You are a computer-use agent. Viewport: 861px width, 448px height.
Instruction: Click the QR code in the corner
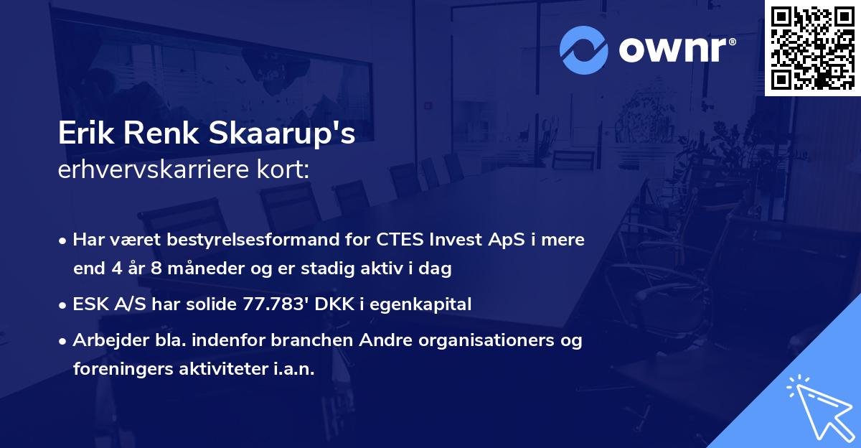click(x=812, y=48)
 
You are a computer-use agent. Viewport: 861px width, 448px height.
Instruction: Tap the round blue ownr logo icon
click(x=584, y=50)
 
